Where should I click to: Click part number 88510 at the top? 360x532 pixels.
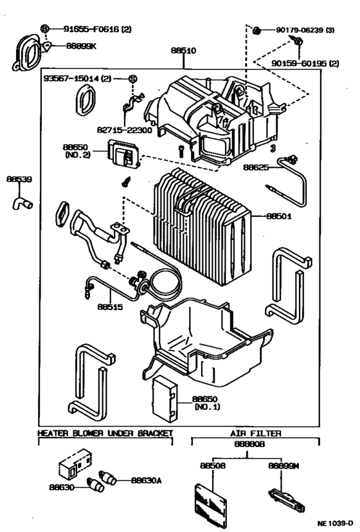click(x=183, y=51)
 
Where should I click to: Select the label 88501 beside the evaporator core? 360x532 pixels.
click(x=279, y=216)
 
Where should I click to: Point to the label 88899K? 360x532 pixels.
click(x=81, y=46)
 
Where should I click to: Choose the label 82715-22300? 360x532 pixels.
click(x=125, y=129)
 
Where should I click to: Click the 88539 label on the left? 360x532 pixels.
click(x=19, y=179)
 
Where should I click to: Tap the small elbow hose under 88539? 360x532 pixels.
click(x=22, y=203)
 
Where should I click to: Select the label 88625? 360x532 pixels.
click(x=256, y=167)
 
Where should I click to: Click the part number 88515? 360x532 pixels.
click(x=110, y=307)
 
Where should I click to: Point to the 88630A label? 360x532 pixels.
click(x=147, y=481)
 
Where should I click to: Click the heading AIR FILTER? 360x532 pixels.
click(x=256, y=434)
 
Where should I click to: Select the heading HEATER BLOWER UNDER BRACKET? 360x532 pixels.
click(x=105, y=434)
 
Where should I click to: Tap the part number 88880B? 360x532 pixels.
click(x=249, y=444)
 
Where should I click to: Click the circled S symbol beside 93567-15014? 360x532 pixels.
click(x=133, y=78)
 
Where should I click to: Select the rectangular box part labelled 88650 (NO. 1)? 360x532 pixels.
click(x=165, y=398)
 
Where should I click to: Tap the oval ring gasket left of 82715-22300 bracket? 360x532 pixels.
click(x=84, y=100)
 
